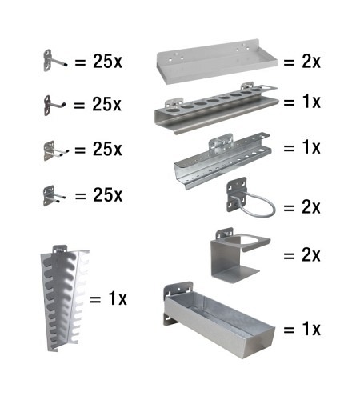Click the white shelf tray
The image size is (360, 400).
click(217, 62)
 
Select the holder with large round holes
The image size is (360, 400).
click(216, 108)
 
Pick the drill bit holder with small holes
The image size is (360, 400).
click(222, 160)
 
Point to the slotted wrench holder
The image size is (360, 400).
click(65, 298)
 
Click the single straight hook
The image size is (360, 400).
click(54, 61)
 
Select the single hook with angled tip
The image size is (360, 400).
click(54, 106)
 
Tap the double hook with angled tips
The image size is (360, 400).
click(55, 151)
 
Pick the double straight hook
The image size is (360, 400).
click(54, 196)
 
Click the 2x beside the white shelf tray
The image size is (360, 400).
click(311, 62)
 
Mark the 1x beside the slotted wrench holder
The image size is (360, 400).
click(118, 298)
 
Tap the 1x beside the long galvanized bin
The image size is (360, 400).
click(311, 329)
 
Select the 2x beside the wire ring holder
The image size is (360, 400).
click(311, 206)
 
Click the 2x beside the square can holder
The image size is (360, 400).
click(311, 254)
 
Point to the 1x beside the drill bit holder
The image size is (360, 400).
click(311, 147)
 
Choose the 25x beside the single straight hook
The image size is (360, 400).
click(107, 62)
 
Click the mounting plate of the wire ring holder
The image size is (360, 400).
click(236, 194)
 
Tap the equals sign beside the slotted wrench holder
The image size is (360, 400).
click(95, 299)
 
